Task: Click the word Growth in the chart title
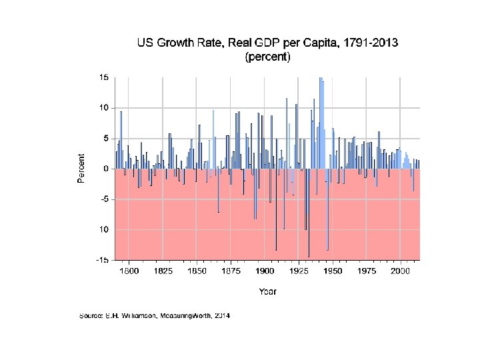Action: pos(186,43)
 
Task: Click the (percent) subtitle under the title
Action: pos(268,57)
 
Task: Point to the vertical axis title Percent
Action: pos(81,169)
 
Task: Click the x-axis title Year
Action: pos(267,291)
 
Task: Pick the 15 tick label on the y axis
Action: pos(104,77)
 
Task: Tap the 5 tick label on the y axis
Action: pos(106,138)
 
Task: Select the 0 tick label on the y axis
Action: pos(106,169)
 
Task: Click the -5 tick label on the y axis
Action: pos(105,199)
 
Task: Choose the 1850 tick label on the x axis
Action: pos(197,271)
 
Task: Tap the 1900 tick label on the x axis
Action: pos(265,271)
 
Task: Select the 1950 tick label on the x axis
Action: pos(333,271)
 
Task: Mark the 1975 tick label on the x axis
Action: pos(366,271)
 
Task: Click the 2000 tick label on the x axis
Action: pos(400,271)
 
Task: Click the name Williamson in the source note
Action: pos(130,315)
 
